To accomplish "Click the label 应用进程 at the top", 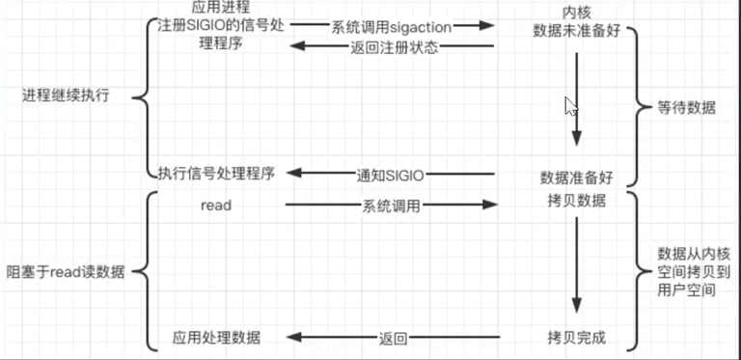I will coord(221,8).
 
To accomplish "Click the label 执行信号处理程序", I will coord(216,174).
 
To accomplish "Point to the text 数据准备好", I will coord(576,180).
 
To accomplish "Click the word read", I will coord(216,205).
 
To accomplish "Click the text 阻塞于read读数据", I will coord(66,272).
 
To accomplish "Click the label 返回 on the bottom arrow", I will coord(393,338).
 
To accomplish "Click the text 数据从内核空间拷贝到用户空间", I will coord(687,271).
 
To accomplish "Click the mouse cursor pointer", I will coord(571,106).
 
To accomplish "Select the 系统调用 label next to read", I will coord(392,206).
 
